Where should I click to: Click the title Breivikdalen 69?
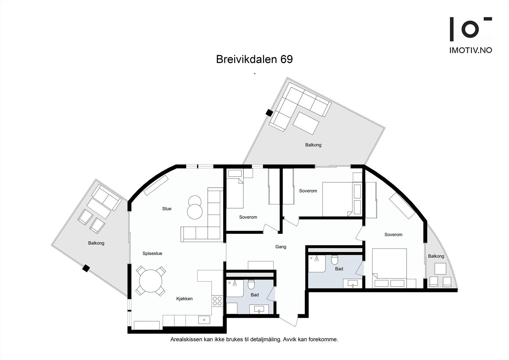[254, 60]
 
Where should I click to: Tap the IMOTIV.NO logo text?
[471, 50]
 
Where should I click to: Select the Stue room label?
[167, 209]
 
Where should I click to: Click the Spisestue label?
[152, 254]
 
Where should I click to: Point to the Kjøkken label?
[185, 299]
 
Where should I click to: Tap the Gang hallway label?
[281, 247]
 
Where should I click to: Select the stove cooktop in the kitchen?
[217, 301]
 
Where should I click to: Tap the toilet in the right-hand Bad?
[334, 260]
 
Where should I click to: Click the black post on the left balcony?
[86, 268]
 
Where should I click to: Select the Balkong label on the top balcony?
[313, 145]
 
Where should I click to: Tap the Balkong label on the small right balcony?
[436, 256]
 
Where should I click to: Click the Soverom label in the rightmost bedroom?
[393, 235]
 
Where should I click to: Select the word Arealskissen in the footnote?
[184, 340]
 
